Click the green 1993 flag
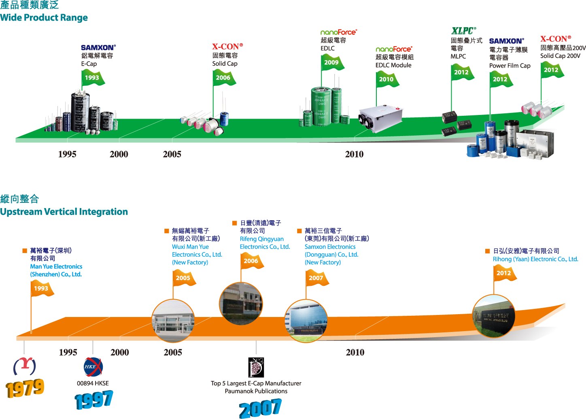[92, 78]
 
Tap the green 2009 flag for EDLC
[331, 62]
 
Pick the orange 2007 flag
[316, 278]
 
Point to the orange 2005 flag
[183, 278]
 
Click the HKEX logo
[93, 367]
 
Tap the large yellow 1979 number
[25, 389]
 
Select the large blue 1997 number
[94, 400]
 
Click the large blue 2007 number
[260, 408]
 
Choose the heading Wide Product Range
[44, 18]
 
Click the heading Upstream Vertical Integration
[64, 212]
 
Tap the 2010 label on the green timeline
[354, 154]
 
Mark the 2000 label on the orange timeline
[120, 352]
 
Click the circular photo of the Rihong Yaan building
[493, 316]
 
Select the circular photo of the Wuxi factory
[173, 321]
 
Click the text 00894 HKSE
[93, 383]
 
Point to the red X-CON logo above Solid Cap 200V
[555, 39]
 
